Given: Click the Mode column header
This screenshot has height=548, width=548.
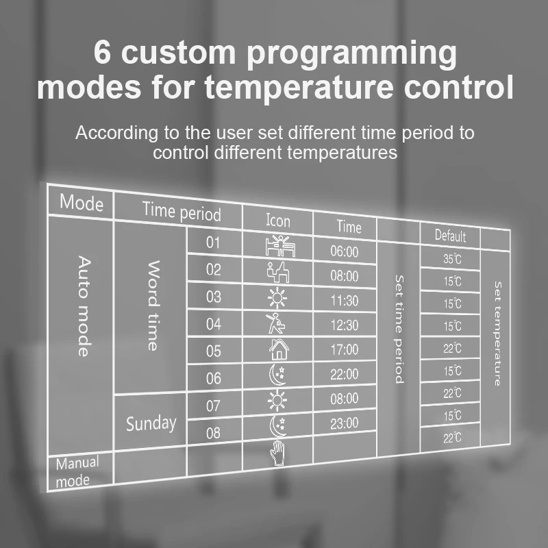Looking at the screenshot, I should coord(81,203).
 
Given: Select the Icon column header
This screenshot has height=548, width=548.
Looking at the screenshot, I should coord(277,220).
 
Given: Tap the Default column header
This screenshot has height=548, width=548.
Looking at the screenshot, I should coord(449,236).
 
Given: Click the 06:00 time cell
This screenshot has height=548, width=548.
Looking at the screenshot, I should coord(344,251).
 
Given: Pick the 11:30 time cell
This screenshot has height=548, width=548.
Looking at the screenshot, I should coord(344,300).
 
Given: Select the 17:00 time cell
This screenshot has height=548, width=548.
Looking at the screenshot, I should coord(344,349).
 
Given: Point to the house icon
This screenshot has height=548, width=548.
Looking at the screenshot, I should coord(278,349).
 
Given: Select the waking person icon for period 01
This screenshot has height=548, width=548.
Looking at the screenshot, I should coord(277,246).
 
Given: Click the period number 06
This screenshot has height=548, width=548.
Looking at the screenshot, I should coord(214,378).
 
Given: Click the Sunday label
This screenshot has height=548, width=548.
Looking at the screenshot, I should coord(151,423).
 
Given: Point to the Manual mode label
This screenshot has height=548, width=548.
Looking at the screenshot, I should coord(76,471).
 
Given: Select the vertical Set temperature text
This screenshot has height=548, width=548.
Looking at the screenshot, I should coord(498,334).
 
